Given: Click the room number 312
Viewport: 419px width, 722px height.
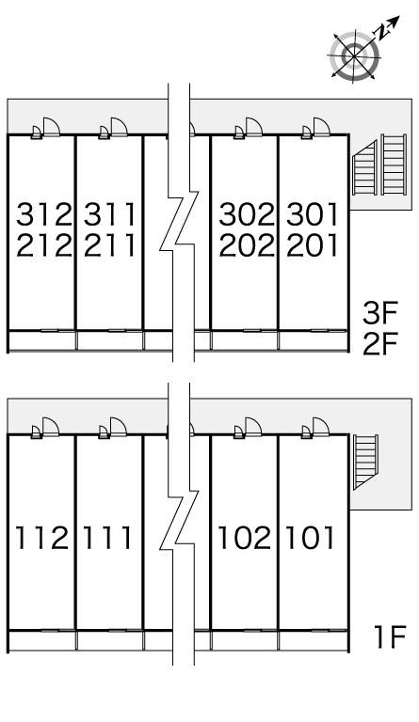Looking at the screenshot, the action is (44, 214).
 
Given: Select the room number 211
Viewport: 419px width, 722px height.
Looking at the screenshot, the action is (110, 245).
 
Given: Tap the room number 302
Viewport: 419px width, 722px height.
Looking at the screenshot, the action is (247, 214).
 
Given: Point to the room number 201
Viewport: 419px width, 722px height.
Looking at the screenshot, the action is (313, 245).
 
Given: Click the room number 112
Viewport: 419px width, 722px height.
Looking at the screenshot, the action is (42, 538).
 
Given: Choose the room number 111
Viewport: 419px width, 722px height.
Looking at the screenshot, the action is (107, 538).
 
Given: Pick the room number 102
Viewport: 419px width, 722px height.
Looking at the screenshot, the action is (244, 538).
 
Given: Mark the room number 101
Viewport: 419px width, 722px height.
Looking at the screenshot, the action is (310, 538).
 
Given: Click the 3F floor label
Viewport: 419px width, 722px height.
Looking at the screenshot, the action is (379, 313).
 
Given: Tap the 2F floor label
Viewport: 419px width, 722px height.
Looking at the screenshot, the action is (379, 343).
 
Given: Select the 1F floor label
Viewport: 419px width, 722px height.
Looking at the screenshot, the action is (389, 636).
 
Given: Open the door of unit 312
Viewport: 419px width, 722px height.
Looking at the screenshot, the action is (51, 127).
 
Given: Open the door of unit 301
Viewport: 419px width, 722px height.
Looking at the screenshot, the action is (321, 127).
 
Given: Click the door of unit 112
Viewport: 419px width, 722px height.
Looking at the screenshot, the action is (51, 427).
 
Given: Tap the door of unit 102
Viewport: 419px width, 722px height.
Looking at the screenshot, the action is (253, 427).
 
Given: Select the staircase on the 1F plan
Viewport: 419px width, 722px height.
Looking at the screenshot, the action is (365, 462).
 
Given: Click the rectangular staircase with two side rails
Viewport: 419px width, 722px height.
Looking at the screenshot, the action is (394, 165).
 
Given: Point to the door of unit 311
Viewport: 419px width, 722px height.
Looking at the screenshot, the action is (119, 127).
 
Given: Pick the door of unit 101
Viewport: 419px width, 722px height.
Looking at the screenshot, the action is (321, 427).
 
